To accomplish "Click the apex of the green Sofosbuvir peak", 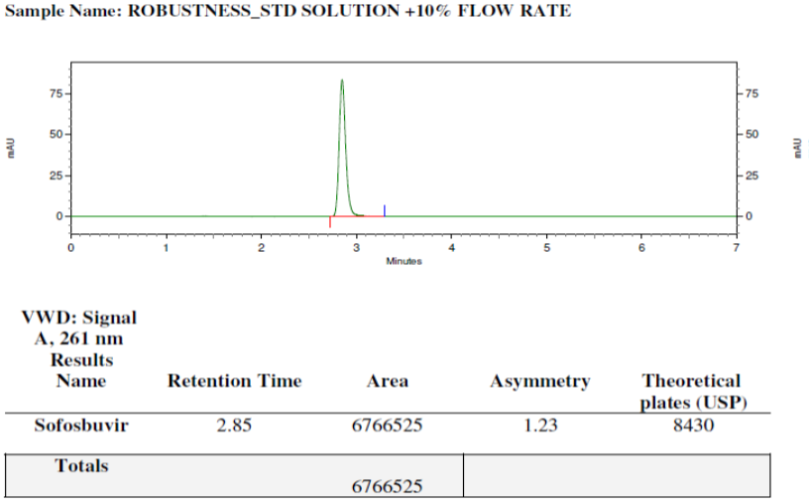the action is (342, 80).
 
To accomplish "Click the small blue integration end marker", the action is (385, 210).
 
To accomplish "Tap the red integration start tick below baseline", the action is (330, 222).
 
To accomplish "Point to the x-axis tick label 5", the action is (546, 248).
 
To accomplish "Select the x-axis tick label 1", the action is (167, 248).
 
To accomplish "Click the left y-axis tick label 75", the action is (57, 93).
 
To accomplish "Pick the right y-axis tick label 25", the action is (751, 176).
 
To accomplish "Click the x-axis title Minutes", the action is (404, 261).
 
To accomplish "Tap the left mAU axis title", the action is (11, 148).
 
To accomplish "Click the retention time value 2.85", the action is (234, 425).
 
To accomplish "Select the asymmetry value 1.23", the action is (540, 425).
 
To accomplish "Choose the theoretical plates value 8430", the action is (693, 425).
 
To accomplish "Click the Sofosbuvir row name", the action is (81, 425).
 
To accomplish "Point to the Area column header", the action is (388, 381).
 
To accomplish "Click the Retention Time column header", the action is (235, 381).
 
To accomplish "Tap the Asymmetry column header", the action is (540, 382).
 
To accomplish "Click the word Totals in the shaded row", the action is (81, 465).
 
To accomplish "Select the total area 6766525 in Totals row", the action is (387, 486).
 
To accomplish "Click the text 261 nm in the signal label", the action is (91, 338).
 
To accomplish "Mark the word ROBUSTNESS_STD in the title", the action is (212, 11).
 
